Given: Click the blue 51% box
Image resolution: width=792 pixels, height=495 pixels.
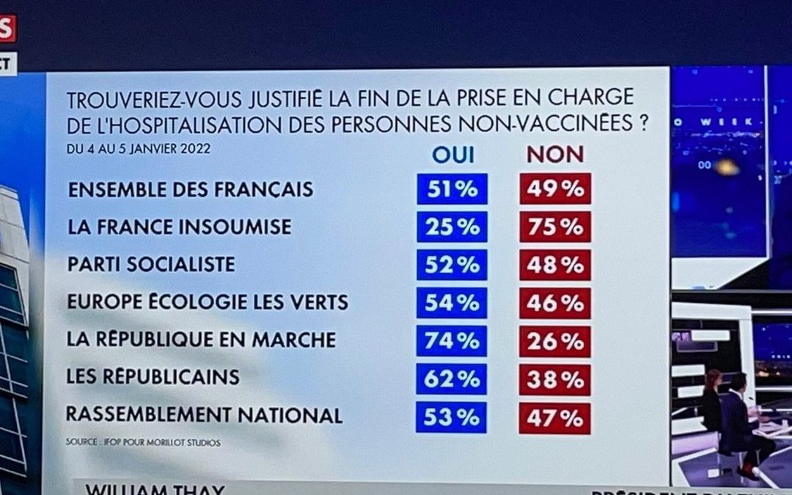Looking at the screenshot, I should [x=452, y=189].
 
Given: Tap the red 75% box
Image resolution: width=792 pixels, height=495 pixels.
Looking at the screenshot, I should [x=555, y=227].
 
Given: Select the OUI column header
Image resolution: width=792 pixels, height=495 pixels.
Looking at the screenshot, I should [x=452, y=154].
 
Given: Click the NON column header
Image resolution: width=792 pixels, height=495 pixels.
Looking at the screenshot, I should [x=555, y=154].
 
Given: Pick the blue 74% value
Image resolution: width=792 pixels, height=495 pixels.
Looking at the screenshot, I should [x=452, y=341].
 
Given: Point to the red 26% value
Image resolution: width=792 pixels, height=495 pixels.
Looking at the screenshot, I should [x=555, y=341].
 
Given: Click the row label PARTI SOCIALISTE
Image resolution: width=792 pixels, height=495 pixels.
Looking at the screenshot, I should [x=151, y=265].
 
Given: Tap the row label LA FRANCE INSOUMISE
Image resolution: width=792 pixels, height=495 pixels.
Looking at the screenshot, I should [x=179, y=227].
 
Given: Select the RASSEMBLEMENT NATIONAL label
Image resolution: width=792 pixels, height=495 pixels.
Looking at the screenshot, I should [x=204, y=415].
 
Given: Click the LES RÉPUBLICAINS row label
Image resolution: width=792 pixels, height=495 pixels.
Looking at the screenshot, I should [x=153, y=377].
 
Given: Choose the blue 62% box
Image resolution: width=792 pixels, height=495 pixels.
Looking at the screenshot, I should [x=452, y=379].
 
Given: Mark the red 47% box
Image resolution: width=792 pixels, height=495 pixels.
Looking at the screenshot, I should [x=555, y=418].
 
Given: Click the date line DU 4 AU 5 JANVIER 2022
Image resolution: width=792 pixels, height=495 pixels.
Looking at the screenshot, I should [x=138, y=149].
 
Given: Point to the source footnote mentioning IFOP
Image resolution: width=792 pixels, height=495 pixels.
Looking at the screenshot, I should [x=142, y=443].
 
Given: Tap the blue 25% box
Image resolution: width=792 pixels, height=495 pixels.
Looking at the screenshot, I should [x=452, y=227].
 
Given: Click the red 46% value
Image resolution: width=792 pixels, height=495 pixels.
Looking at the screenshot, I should [x=555, y=303].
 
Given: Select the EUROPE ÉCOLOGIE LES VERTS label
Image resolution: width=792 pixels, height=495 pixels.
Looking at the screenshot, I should [x=208, y=302].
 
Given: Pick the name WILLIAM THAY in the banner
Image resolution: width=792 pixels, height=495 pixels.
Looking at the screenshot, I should [x=154, y=489].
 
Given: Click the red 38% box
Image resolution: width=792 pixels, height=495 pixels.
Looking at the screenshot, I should [x=555, y=379].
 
